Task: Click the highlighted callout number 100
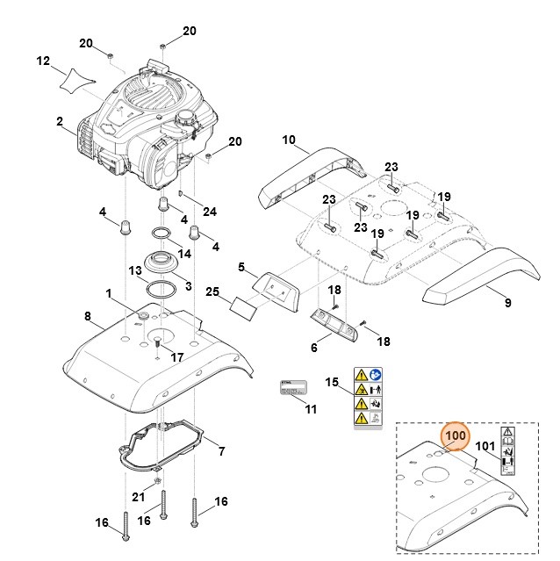pyautogui.click(x=456, y=435)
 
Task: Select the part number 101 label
pyautogui.click(x=485, y=445)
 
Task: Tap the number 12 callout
pyautogui.click(x=43, y=61)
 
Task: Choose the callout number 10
pyautogui.click(x=291, y=140)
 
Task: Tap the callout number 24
pyautogui.click(x=209, y=211)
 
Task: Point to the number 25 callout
pyautogui.click(x=212, y=291)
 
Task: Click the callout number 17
pyautogui.click(x=176, y=357)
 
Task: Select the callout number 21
pyautogui.click(x=138, y=497)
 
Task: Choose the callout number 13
pyautogui.click(x=135, y=270)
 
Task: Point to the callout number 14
pyautogui.click(x=185, y=254)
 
